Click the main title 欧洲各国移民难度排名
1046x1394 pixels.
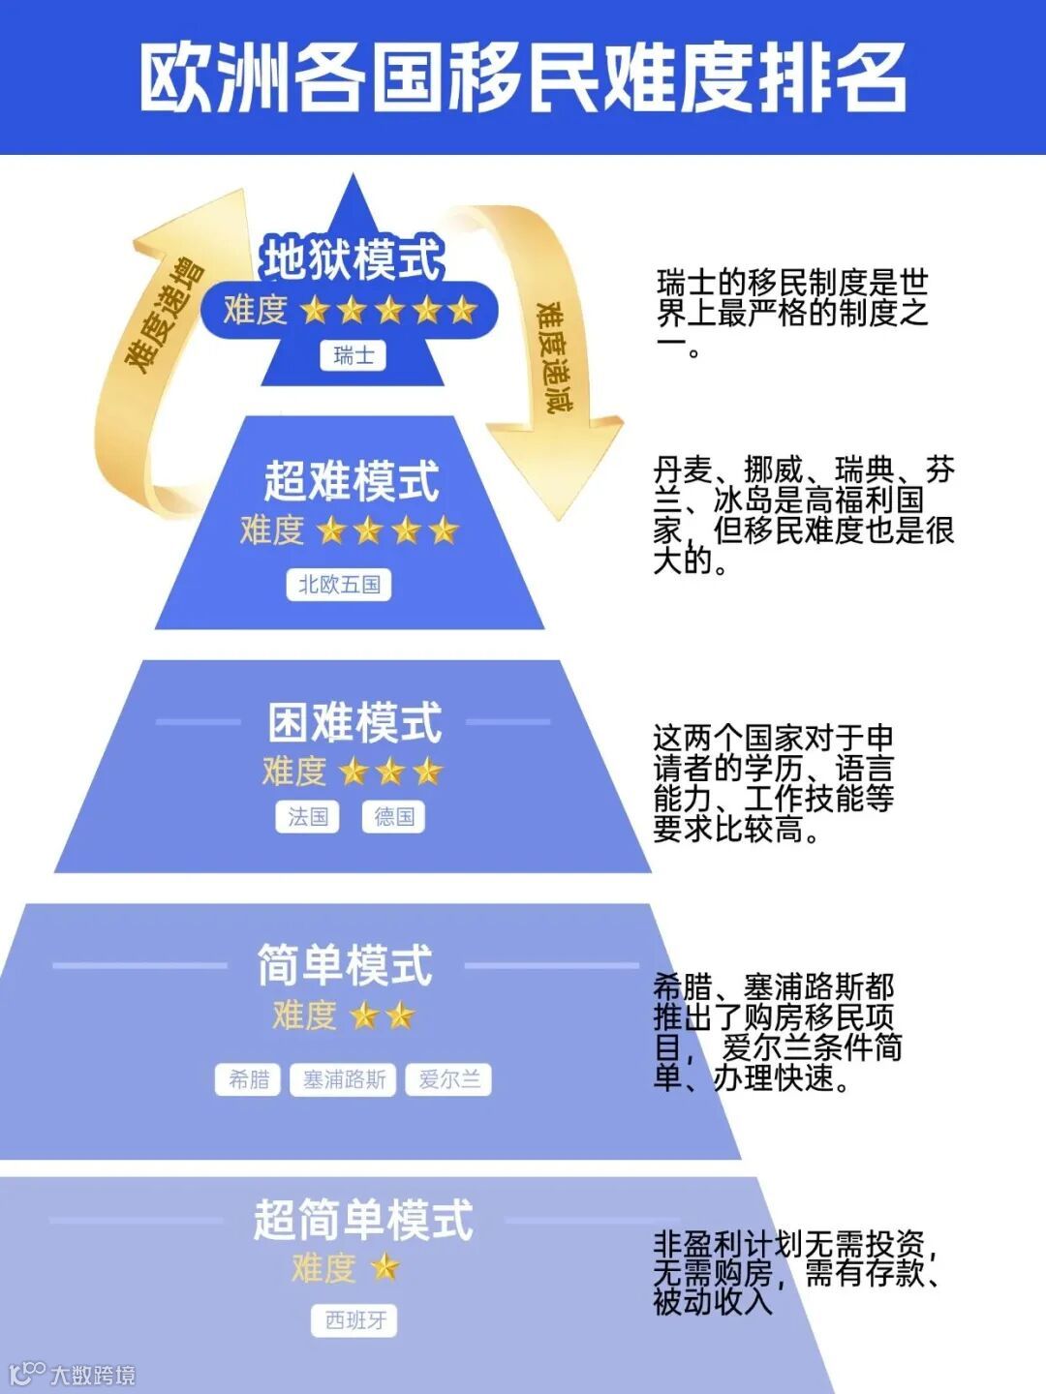coord(523,77)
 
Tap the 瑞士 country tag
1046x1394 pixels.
coord(354,355)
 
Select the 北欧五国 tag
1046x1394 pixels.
coord(339,585)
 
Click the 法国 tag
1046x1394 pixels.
coord(308,817)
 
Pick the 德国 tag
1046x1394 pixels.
coord(393,817)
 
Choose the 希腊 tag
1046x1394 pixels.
coord(249,1079)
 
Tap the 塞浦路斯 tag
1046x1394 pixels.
coord(344,1079)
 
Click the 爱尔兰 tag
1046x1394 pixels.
coord(449,1079)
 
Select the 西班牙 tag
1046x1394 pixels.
coord(355,1320)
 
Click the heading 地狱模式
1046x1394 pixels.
coord(353,259)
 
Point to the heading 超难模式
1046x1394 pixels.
coord(352,481)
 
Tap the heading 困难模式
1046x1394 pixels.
coord(354,723)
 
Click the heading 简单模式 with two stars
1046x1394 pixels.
coord(345,965)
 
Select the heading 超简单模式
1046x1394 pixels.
coord(363,1220)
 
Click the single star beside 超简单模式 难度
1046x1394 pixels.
coord(385,1267)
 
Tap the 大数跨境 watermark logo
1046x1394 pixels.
coord(73,1374)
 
